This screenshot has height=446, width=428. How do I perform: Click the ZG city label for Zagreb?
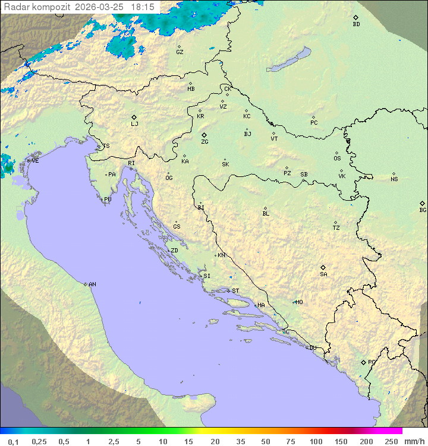coord(204,142)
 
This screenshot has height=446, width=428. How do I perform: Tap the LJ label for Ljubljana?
coord(134,124)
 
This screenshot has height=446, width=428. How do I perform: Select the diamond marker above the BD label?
coord(355,17)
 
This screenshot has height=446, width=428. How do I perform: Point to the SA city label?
coord(323,274)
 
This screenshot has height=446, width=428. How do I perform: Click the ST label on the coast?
coord(235,291)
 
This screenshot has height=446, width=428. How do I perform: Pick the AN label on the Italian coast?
coord(92,284)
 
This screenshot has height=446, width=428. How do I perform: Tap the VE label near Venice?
coord(35,161)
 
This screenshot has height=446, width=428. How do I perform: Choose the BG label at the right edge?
coord(423,210)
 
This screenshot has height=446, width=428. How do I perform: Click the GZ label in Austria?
coord(180,52)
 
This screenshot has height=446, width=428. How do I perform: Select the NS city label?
coord(394,179)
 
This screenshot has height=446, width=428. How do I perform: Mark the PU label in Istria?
coord(108,200)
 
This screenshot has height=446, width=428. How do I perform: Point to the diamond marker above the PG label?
coord(363,362)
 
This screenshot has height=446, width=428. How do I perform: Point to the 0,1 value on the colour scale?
coord(13,441)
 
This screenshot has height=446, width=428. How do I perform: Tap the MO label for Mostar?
coord(299,302)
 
